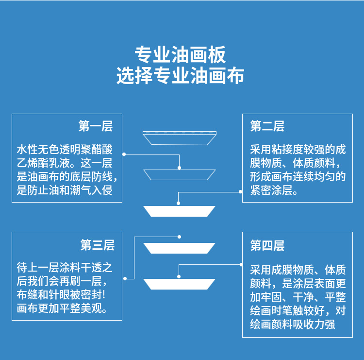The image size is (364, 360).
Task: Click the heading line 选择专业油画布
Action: tap(180, 76)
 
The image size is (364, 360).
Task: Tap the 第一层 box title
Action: tap(96, 126)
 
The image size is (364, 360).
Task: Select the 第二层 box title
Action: tap(267, 126)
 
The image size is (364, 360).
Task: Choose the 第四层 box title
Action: tap(267, 245)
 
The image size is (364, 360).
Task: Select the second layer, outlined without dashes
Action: tap(180, 174)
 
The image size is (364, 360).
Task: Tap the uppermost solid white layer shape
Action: tap(180, 211)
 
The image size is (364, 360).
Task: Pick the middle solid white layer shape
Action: tap(180, 248)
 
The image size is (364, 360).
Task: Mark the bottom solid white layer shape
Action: tap(180, 284)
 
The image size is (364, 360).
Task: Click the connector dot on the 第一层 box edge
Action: tap(124, 154)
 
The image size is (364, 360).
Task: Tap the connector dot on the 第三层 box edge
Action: tap(124, 278)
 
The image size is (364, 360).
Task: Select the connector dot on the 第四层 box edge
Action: tap(241, 264)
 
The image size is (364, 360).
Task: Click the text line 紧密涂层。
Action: tap(274, 190)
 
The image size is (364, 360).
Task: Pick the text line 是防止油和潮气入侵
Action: tap(65, 190)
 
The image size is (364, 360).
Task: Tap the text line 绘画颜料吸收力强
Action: tap(292, 324)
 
